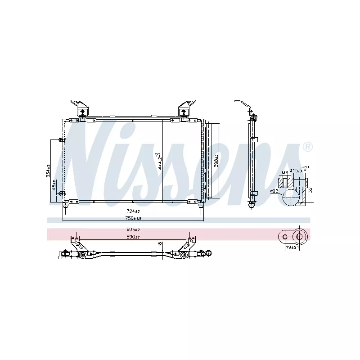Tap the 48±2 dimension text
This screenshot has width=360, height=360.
click(54, 185)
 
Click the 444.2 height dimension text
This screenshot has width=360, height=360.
click(157, 160)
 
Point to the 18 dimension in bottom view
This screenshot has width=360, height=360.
click(159, 244)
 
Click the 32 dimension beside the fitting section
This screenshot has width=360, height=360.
click(310, 190)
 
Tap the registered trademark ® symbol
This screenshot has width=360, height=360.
click(307, 147)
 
